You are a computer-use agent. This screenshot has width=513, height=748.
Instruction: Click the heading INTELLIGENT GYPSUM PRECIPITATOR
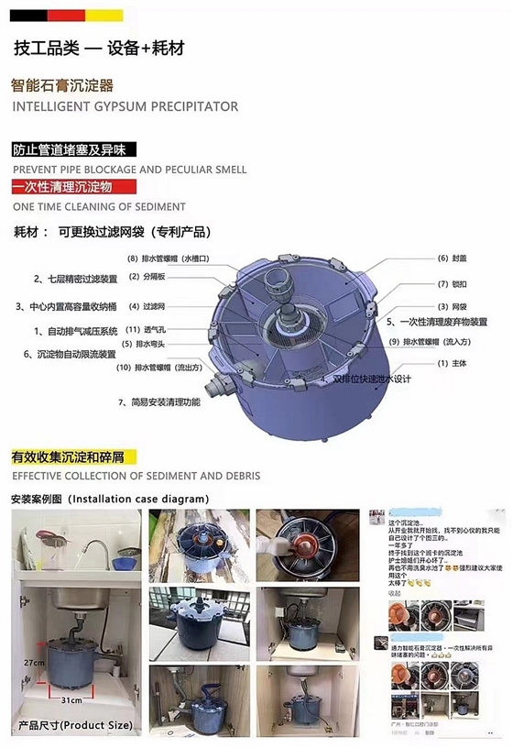(x=125, y=106)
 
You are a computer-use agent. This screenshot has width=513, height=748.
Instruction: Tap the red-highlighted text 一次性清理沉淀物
(x=61, y=187)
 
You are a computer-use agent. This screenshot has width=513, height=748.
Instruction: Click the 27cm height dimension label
(x=34, y=661)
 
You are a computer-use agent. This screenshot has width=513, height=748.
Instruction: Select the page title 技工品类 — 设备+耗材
(x=99, y=49)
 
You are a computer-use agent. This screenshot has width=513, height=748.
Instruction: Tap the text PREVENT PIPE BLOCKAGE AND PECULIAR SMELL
(x=128, y=170)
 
